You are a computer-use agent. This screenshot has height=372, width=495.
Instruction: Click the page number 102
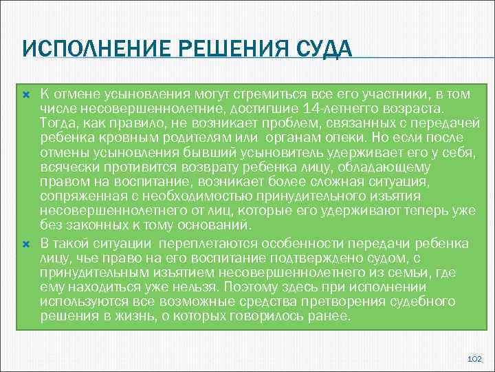474,359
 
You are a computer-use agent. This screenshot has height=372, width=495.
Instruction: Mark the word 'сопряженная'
74,196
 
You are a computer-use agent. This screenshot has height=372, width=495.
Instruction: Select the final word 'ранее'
331,316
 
